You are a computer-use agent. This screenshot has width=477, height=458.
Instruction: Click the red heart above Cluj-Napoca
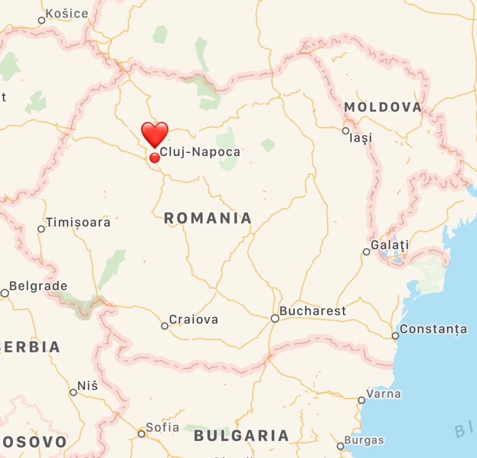click(x=155, y=134)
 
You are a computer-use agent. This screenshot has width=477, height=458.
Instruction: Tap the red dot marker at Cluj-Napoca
click(x=155, y=158)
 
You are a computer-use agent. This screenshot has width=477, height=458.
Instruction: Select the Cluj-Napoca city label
click(x=200, y=152)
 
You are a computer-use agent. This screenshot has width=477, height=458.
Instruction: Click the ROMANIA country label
click(x=208, y=218)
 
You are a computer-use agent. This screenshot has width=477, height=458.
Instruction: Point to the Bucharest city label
click(x=313, y=311)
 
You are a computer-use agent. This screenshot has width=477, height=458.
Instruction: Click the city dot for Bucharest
click(x=275, y=318)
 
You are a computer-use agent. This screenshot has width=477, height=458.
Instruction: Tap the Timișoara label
click(x=78, y=222)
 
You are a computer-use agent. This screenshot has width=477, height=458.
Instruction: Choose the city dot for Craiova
click(x=164, y=326)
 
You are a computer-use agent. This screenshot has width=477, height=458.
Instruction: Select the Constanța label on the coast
click(x=433, y=329)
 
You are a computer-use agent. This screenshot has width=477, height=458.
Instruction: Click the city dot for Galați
click(x=367, y=252)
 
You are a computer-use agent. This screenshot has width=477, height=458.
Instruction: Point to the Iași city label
click(x=361, y=138)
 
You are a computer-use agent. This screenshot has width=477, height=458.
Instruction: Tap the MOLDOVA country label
click(x=383, y=107)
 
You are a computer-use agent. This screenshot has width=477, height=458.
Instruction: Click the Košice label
click(x=67, y=13)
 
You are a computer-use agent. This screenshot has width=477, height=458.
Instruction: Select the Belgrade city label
click(x=38, y=286)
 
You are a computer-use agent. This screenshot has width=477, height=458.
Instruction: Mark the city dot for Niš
click(x=73, y=392)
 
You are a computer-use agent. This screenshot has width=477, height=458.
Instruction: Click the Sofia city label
click(x=162, y=427)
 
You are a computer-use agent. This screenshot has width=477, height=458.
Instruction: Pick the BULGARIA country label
click(x=241, y=436)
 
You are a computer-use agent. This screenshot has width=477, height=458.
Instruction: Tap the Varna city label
click(x=383, y=394)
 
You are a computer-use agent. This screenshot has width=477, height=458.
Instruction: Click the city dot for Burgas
click(x=341, y=446)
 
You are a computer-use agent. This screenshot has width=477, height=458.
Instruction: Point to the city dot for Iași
click(x=346, y=131)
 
